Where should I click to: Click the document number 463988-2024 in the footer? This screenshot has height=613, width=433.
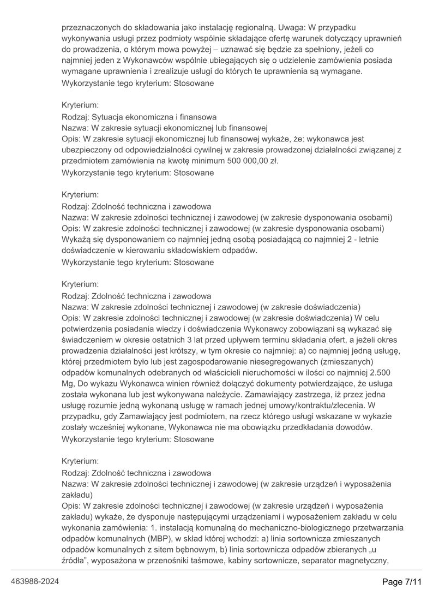tap(35, 581)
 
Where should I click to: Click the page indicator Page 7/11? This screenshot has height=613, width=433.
tap(402, 582)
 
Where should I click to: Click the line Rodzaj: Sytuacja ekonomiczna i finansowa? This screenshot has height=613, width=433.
tap(139, 116)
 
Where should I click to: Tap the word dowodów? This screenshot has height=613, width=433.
tap(354, 427)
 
